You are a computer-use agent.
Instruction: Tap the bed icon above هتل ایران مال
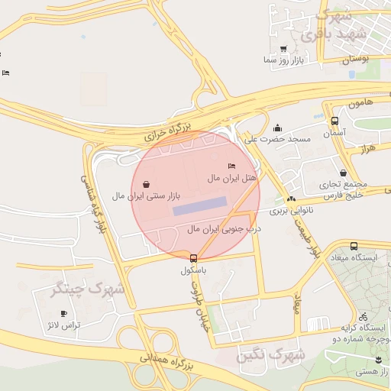tap(231, 166)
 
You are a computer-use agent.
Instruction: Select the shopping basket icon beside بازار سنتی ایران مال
tap(146, 183)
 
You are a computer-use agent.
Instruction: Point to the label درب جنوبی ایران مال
tap(225, 228)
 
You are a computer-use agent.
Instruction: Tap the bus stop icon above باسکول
tap(193, 258)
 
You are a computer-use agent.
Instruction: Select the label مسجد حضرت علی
tap(278, 139)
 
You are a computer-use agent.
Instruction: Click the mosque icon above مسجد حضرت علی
tap(277, 128)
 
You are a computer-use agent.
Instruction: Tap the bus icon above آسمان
tap(334, 121)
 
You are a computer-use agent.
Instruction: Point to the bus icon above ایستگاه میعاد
tap(354, 246)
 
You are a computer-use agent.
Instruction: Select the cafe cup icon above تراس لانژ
tap(63, 313)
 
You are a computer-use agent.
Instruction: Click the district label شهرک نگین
tap(270, 355)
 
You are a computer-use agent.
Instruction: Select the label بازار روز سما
tap(283, 59)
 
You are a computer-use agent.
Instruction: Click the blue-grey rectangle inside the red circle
tap(199, 205)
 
